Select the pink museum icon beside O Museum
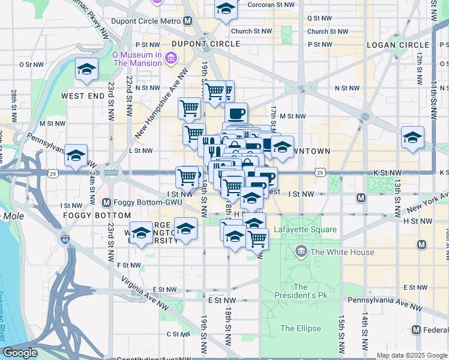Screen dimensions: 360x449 coord(171,58)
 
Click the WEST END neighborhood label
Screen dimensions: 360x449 coord(83,96)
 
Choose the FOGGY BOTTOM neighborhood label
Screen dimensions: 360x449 coord(97,215)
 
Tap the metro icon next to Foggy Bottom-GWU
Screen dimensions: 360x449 coord(107,202)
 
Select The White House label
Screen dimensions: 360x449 coord(341,253)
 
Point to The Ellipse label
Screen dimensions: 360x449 coord(301,328)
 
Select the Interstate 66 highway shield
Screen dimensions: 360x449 coord(64,239)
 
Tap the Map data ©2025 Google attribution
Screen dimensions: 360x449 coord(411,355)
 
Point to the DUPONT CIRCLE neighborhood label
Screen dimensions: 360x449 coord(205,44)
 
